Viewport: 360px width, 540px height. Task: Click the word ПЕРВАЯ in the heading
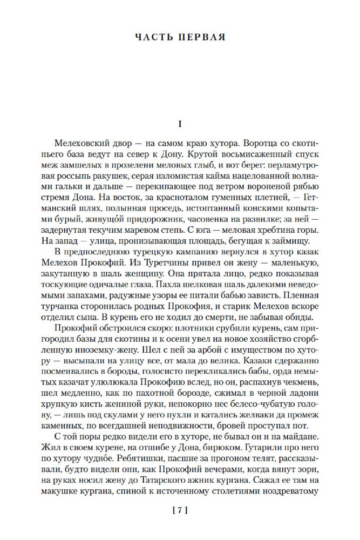(x=201, y=38)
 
